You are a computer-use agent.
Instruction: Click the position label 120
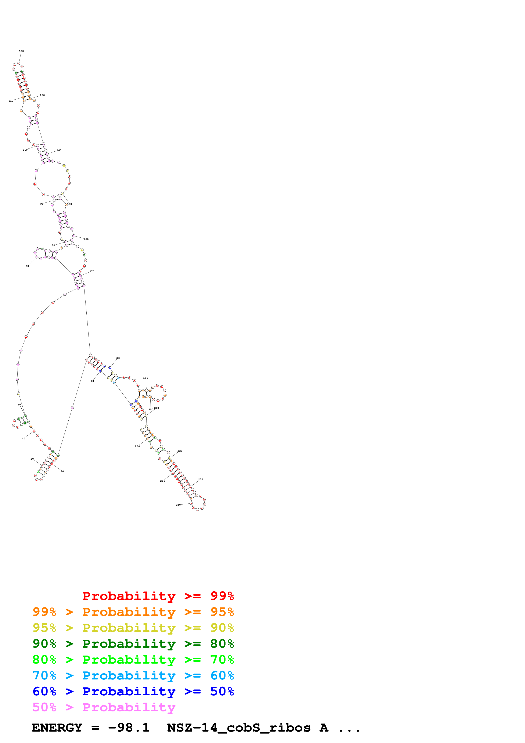[x=21, y=51]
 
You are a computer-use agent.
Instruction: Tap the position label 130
[x=42, y=95]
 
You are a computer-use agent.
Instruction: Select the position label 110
[x=11, y=101]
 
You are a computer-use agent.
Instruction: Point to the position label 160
[x=86, y=239]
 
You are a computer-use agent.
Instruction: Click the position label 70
[x=28, y=266]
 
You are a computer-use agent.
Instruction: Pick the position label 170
[x=92, y=272]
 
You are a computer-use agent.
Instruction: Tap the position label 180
[x=118, y=358]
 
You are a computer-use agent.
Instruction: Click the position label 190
[x=145, y=378]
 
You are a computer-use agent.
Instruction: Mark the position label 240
[x=178, y=505]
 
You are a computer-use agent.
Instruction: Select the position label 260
[x=137, y=446]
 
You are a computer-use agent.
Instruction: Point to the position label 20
[x=62, y=471]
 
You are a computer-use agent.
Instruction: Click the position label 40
[x=23, y=438]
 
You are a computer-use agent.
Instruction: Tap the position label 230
[x=201, y=479]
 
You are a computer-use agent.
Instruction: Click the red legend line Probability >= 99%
[x=158, y=596]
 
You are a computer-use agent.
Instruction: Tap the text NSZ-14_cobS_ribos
[x=238, y=728]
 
